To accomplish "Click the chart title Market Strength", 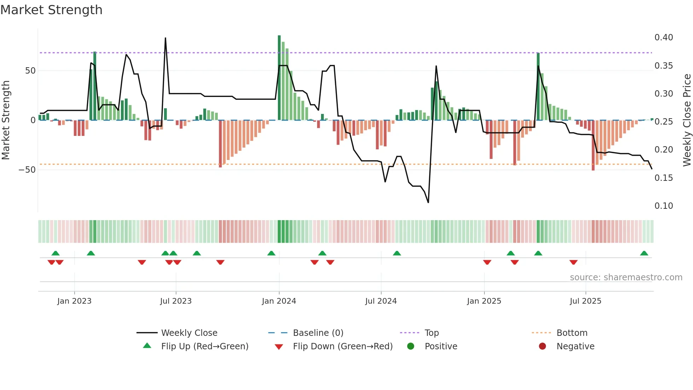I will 51,10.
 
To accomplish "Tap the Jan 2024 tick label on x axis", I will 279,301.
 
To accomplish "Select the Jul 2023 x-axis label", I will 176,301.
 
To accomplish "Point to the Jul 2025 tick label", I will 585,301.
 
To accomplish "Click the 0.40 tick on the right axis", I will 663,38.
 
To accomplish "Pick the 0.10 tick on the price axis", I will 663,206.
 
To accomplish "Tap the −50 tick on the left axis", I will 27,170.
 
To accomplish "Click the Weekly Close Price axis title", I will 687,120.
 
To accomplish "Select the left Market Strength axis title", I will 6,120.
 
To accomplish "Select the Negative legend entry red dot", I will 542,346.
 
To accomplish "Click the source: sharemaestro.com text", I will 626,277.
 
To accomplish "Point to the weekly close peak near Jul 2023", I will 165,38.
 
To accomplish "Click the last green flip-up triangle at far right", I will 644,253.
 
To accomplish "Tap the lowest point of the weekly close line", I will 428,202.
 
